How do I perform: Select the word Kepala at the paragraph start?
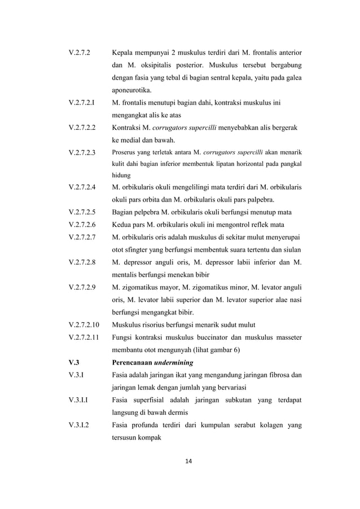tap(123, 52)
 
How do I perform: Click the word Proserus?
tap(124, 152)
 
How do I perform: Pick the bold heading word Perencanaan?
tap(133, 362)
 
